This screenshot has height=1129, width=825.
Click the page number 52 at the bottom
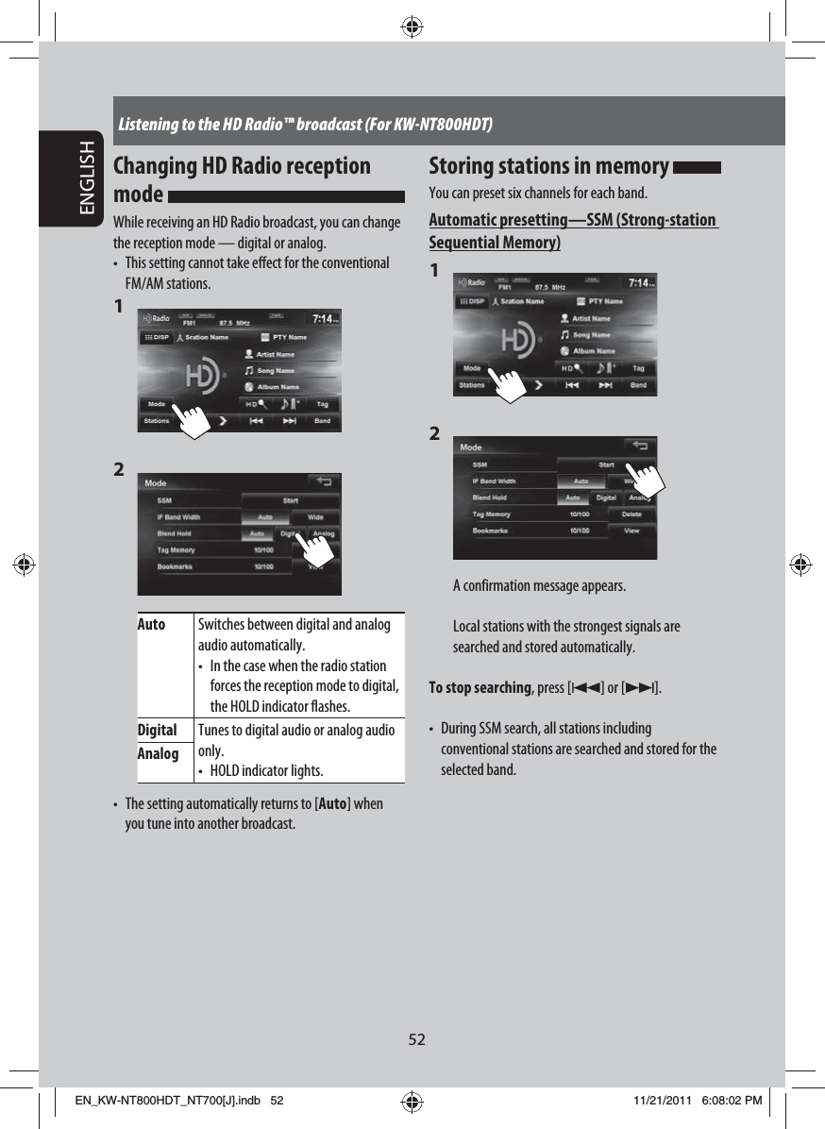(416, 1039)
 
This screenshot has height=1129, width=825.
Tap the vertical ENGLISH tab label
(88, 179)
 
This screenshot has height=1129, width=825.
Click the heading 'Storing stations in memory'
(548, 166)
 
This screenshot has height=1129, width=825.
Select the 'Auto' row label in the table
(152, 625)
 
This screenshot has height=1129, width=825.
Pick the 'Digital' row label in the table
(158, 730)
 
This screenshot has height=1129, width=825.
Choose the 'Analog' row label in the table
(158, 753)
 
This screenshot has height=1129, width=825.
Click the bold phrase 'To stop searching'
(480, 686)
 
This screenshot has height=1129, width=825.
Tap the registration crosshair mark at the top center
(412, 26)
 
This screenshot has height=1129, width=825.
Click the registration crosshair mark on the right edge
(799, 565)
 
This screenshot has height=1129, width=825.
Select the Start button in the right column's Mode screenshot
(606, 464)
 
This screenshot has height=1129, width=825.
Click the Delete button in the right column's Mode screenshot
(631, 514)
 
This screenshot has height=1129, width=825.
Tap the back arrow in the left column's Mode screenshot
(324, 481)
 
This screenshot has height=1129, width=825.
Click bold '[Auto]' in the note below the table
(333, 804)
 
